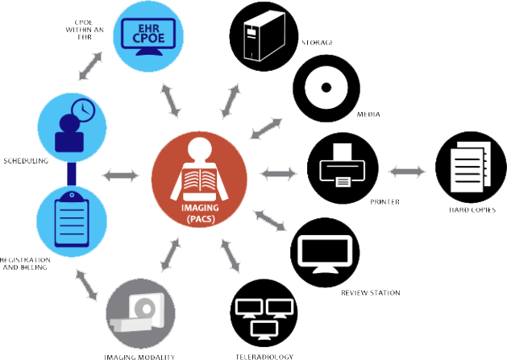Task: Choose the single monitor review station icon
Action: (x=324, y=253)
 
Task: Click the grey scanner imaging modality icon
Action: (x=139, y=316)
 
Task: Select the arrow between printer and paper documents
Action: (x=407, y=172)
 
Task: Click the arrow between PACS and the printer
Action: (x=279, y=172)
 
